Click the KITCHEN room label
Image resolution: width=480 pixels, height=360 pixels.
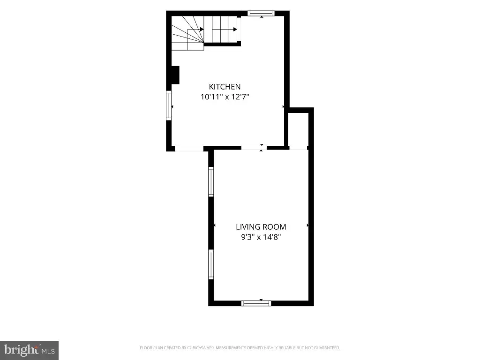pyautogui.click(x=225, y=87)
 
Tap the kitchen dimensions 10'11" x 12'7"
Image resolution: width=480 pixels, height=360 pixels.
pyautogui.click(x=225, y=97)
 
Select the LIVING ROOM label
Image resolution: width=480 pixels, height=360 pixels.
pyautogui.click(x=261, y=227)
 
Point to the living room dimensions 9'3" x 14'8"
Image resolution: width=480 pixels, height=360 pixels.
pyautogui.click(x=261, y=237)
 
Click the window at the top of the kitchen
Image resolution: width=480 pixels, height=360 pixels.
pyautogui.click(x=261, y=13)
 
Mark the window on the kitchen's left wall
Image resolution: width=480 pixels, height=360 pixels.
pyautogui.click(x=169, y=105)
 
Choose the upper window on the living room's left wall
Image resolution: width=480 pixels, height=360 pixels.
pyautogui.click(x=211, y=181)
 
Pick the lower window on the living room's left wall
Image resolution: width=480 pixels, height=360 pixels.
pyautogui.click(x=211, y=264)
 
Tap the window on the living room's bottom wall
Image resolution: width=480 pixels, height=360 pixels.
pyautogui.click(x=256, y=303)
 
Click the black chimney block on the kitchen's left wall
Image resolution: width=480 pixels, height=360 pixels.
pyautogui.click(x=175, y=75)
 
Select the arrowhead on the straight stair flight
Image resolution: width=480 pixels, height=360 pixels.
pyautogui.click(x=235, y=30)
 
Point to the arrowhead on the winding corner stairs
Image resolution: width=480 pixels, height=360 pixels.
pyautogui.click(x=202, y=30)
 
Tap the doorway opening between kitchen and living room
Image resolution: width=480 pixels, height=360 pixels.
pyautogui.click(x=254, y=148)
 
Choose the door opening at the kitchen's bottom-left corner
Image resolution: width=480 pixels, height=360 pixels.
pyautogui.click(x=189, y=149)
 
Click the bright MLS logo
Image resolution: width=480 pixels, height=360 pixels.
pyautogui.click(x=30, y=350)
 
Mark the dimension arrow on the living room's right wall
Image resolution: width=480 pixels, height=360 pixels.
pyautogui.click(x=307, y=225)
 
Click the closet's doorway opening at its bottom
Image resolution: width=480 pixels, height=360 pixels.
pyautogui.click(x=298, y=148)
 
